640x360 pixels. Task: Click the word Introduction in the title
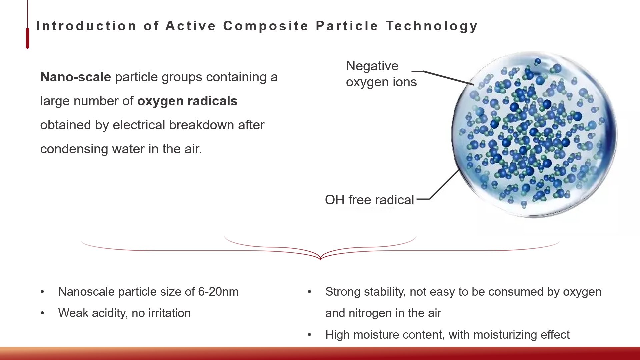click(x=86, y=26)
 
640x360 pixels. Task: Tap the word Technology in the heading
click(x=432, y=26)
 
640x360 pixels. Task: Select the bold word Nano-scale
click(x=76, y=77)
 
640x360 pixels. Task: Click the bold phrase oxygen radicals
click(x=187, y=101)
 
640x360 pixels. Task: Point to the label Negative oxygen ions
click(x=381, y=74)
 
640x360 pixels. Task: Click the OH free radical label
click(x=369, y=200)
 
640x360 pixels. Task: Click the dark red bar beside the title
click(x=27, y=38)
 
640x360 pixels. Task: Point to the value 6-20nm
click(x=218, y=292)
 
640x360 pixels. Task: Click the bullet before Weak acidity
click(x=42, y=313)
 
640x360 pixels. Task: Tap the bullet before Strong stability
click(x=310, y=292)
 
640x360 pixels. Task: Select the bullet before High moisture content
click(x=310, y=335)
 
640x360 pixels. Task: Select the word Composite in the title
click(x=266, y=26)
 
